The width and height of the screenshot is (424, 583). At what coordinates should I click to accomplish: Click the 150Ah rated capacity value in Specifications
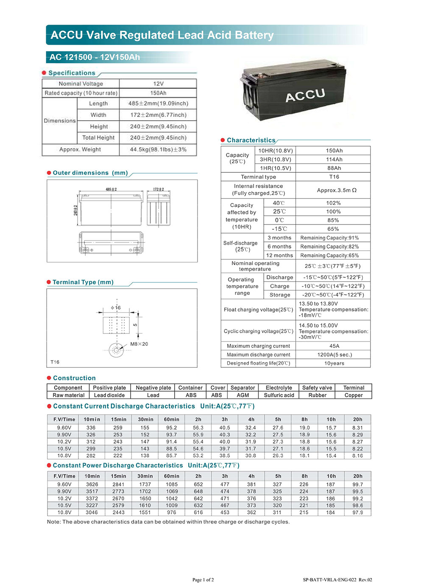point(158,93)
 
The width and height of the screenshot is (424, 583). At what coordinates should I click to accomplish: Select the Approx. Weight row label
point(80,150)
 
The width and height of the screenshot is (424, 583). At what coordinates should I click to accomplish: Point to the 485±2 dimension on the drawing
point(111,189)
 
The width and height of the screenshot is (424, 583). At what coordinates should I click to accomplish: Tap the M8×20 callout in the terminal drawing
point(139,344)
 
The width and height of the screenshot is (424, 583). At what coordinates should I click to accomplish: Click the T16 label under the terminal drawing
point(55,362)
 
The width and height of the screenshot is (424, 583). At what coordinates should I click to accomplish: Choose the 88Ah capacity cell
point(334,168)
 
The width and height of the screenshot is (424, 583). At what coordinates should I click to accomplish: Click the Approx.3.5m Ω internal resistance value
point(337,190)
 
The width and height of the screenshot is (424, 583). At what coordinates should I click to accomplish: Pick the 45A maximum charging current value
point(334,346)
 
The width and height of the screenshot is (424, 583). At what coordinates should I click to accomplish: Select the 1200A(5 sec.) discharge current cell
point(335,355)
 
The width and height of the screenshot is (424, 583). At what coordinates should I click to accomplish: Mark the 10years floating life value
point(334,364)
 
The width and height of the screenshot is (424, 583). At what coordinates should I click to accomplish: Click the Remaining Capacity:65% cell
point(329,255)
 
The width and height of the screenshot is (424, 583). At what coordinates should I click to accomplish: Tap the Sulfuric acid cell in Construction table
point(279,395)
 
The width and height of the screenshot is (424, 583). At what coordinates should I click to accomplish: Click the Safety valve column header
point(317,388)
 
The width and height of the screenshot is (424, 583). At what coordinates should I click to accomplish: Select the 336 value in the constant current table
point(91,428)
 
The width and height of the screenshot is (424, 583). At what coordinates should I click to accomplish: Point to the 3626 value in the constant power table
point(92,484)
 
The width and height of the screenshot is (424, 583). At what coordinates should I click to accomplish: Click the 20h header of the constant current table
point(357,419)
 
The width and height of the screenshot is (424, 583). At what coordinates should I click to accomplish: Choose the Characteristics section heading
point(251,140)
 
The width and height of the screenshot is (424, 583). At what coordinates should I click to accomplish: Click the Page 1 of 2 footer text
point(203,580)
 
